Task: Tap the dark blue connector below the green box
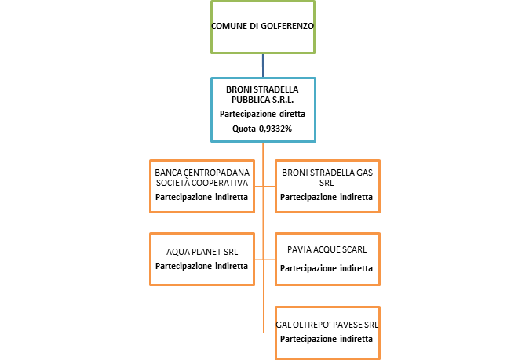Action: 263,65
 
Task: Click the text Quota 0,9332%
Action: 262,129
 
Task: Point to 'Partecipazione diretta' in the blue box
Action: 262,114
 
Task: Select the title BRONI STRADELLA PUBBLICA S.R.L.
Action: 262,94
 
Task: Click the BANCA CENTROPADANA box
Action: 202,186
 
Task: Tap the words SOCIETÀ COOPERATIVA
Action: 202,182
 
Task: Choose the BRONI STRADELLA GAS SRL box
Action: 327,186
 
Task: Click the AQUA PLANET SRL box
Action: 202,258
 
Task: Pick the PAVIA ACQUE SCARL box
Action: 327,258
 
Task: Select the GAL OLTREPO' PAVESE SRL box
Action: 327,332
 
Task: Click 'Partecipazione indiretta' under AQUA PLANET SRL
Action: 202,266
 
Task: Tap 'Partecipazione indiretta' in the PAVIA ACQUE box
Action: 327,267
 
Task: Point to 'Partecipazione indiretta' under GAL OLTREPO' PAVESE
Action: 327,339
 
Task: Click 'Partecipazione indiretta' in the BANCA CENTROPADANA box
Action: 202,196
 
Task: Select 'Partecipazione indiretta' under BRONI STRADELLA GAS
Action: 327,196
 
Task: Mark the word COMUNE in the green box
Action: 228,26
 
